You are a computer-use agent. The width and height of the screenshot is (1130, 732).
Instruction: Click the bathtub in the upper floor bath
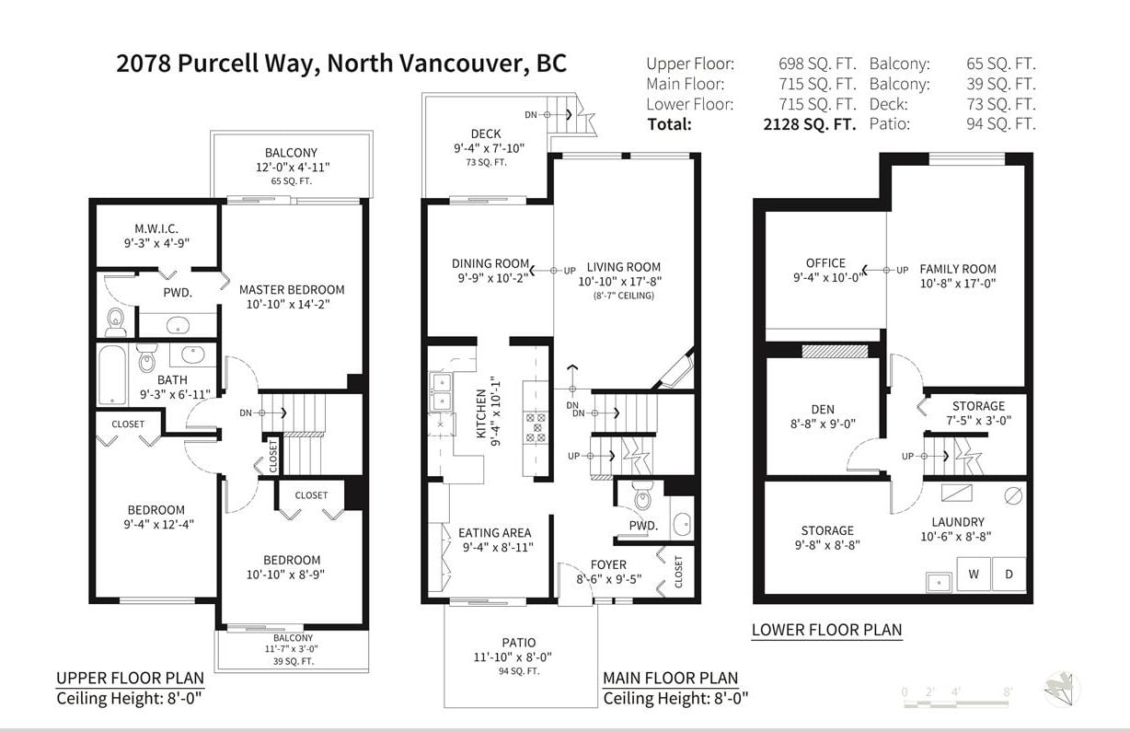pyautogui.click(x=111, y=375)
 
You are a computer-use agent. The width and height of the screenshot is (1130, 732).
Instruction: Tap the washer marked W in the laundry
pyautogui.click(x=974, y=574)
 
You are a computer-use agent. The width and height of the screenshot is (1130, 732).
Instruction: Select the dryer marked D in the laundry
pyautogui.click(x=1009, y=574)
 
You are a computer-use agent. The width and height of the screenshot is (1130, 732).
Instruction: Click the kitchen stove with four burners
pyautogui.click(x=536, y=427)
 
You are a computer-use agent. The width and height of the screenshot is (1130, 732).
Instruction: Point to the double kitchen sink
pyautogui.click(x=441, y=392)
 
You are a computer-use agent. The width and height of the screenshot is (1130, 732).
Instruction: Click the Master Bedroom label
pyautogui.click(x=292, y=290)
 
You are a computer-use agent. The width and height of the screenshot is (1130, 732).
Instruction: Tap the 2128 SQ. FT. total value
pyautogui.click(x=810, y=124)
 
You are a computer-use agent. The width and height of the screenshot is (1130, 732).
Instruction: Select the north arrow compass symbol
pyautogui.click(x=1062, y=690)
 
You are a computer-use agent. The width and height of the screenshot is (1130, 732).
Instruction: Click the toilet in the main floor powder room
pyautogui.click(x=642, y=495)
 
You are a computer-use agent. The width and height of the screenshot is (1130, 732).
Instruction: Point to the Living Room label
pyautogui.click(x=624, y=267)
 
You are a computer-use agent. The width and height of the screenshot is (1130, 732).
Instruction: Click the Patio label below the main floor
pyautogui.click(x=519, y=643)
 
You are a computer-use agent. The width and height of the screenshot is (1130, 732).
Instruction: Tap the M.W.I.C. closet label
pyautogui.click(x=156, y=228)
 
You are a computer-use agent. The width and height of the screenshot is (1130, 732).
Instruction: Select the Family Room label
pyautogui.click(x=958, y=269)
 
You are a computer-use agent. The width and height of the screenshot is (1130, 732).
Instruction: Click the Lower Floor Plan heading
pyautogui.click(x=827, y=630)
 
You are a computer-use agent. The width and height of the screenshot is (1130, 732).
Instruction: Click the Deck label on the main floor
pyautogui.click(x=486, y=134)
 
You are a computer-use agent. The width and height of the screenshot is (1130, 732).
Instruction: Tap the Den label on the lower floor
pyautogui.click(x=823, y=410)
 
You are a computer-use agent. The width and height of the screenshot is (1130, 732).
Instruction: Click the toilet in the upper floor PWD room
pyautogui.click(x=116, y=322)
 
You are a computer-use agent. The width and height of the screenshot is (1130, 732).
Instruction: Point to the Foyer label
pyautogui.click(x=608, y=564)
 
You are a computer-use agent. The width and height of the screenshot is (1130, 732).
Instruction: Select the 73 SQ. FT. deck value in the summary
pyautogui.click(x=1001, y=104)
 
